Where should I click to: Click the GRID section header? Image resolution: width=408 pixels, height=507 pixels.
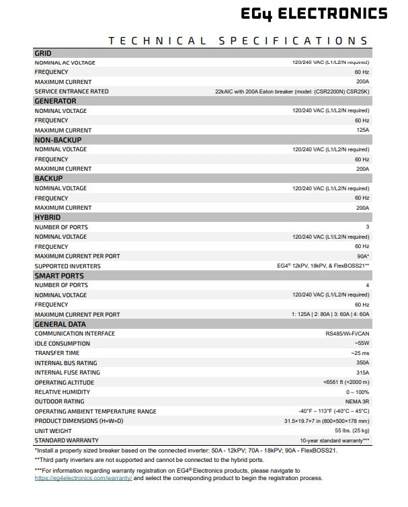[x=43, y=53]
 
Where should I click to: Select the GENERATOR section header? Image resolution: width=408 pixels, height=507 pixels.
[x=55, y=101]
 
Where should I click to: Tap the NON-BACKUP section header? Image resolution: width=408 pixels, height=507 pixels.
[x=58, y=140]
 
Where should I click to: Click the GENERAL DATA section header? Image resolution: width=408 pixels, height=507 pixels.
[x=61, y=324]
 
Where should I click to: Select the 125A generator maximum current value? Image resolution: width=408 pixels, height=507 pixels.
[x=362, y=130]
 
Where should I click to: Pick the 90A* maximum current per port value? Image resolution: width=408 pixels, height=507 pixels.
[x=362, y=256]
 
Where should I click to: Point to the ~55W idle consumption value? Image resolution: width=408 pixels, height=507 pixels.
[x=361, y=344]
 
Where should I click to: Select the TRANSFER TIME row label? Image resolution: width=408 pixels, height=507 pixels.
[x=57, y=353]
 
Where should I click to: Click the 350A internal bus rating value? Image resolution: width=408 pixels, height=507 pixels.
[x=362, y=363]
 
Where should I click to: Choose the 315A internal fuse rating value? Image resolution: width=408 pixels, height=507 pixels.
[x=362, y=373]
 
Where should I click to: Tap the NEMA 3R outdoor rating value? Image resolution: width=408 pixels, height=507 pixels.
[x=356, y=402]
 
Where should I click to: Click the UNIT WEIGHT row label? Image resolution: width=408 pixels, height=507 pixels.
[x=53, y=431]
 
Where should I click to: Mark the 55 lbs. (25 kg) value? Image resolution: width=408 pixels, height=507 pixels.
[x=352, y=431]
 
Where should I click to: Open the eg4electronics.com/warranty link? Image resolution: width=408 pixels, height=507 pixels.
[x=83, y=478]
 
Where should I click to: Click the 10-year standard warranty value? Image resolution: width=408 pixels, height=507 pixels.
[x=333, y=440]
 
